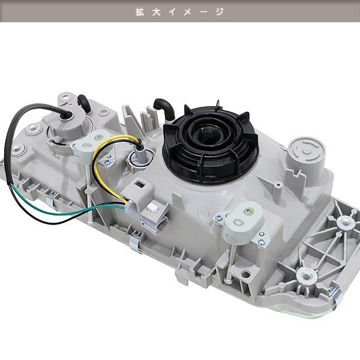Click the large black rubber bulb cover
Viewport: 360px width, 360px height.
(211, 145)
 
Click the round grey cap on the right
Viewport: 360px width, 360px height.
(307, 151)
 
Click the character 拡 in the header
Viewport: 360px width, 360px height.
(140, 12)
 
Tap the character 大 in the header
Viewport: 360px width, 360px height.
(157, 12)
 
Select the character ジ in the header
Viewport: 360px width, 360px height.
(220, 12)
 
